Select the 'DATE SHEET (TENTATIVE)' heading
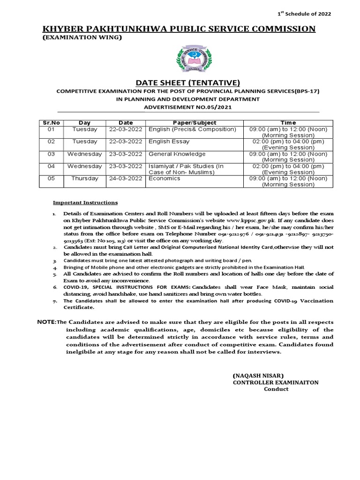[x=187, y=82]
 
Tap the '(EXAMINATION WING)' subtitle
[x=82, y=37]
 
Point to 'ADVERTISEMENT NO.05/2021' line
[x=187, y=107]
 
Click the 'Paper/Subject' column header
[x=193, y=122]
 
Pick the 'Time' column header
[x=288, y=122]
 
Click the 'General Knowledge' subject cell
[x=177, y=154]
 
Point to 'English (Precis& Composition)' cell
[x=192, y=129]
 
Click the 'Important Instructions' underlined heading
[x=85, y=202]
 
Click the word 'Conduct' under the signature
[x=276, y=389]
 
